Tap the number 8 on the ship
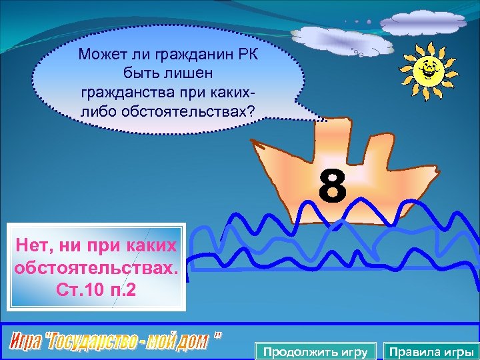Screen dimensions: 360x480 pos(332,187)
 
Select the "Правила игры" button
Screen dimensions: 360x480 pos(431,351)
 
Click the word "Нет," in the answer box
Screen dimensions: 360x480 pos(37,247)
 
